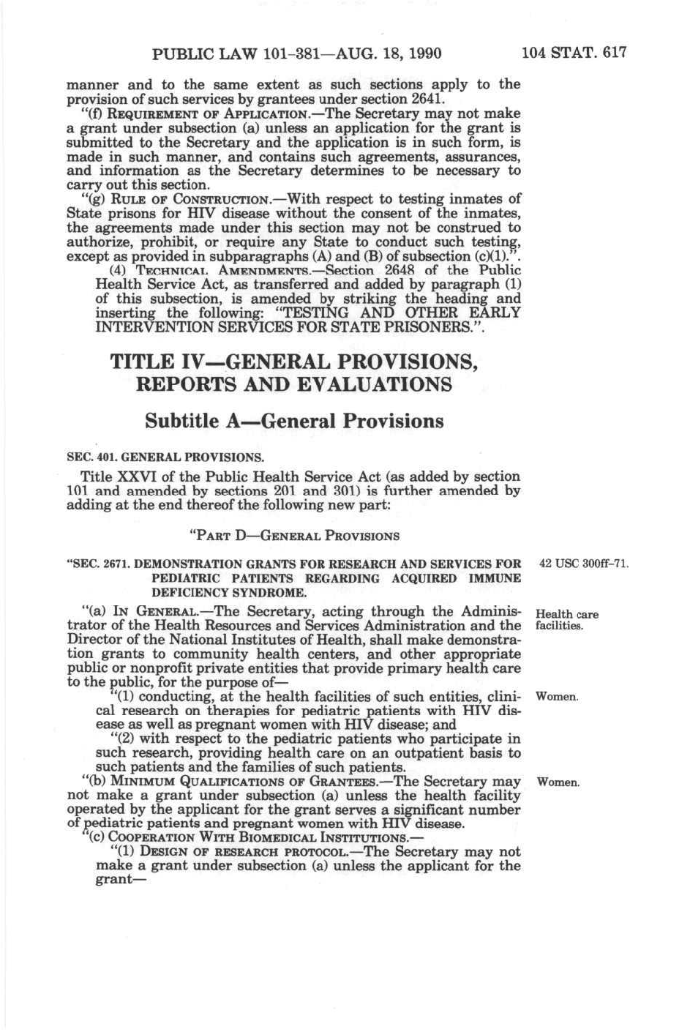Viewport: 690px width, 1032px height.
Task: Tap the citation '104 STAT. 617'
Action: click(x=574, y=53)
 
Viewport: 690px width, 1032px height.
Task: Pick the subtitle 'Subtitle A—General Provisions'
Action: click(x=294, y=422)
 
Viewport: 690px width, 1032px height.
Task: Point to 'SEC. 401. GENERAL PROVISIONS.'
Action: click(x=165, y=458)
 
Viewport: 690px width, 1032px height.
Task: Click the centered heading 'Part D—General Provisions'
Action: click(x=294, y=535)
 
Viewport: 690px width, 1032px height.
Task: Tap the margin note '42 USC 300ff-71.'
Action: click(x=584, y=564)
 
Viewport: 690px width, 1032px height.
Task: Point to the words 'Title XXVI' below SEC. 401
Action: click(x=111, y=476)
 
